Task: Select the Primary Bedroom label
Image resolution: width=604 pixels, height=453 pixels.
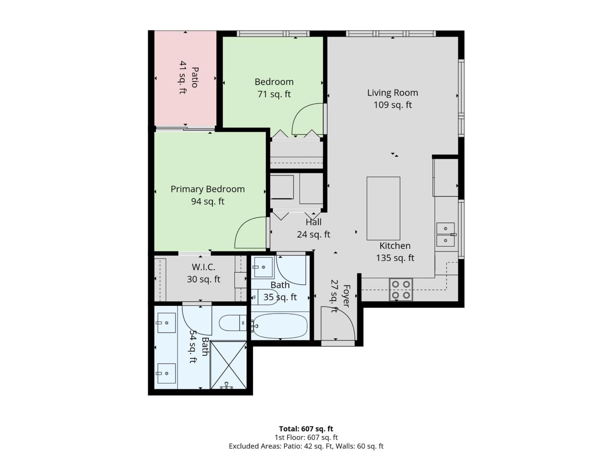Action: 207,189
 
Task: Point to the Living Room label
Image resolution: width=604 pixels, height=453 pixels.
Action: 392,93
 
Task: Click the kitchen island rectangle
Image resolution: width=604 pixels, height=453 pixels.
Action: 383,208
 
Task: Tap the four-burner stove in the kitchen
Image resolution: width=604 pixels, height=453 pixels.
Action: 401,289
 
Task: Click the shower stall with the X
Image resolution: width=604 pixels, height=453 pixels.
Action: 229,365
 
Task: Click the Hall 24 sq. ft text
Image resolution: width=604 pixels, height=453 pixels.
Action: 313,234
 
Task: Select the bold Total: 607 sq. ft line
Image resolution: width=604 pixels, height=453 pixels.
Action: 306,429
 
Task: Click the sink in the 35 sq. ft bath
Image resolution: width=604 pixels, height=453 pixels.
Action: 263,267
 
